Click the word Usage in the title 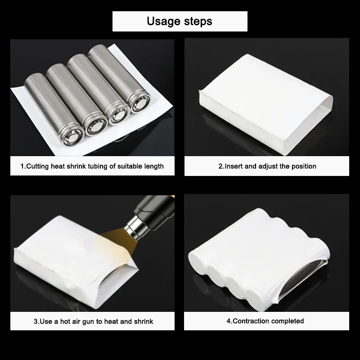(x=163, y=21)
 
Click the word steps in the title (x=198, y=21)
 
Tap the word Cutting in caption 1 (x=38, y=166)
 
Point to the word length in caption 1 (x=154, y=166)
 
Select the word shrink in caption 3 (x=144, y=321)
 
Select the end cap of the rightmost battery (x=139, y=102)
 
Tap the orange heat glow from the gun (x=117, y=239)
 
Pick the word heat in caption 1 (x=58, y=166)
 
